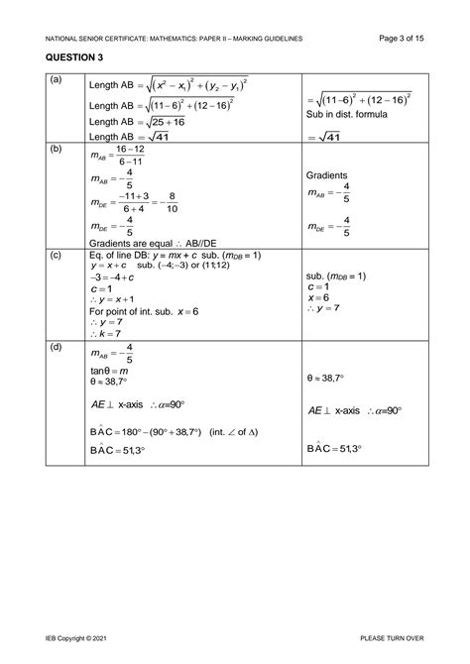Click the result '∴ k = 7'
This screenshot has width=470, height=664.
[108, 335]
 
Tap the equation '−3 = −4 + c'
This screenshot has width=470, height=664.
[110, 277]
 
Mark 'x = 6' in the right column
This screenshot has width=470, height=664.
[318, 297]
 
